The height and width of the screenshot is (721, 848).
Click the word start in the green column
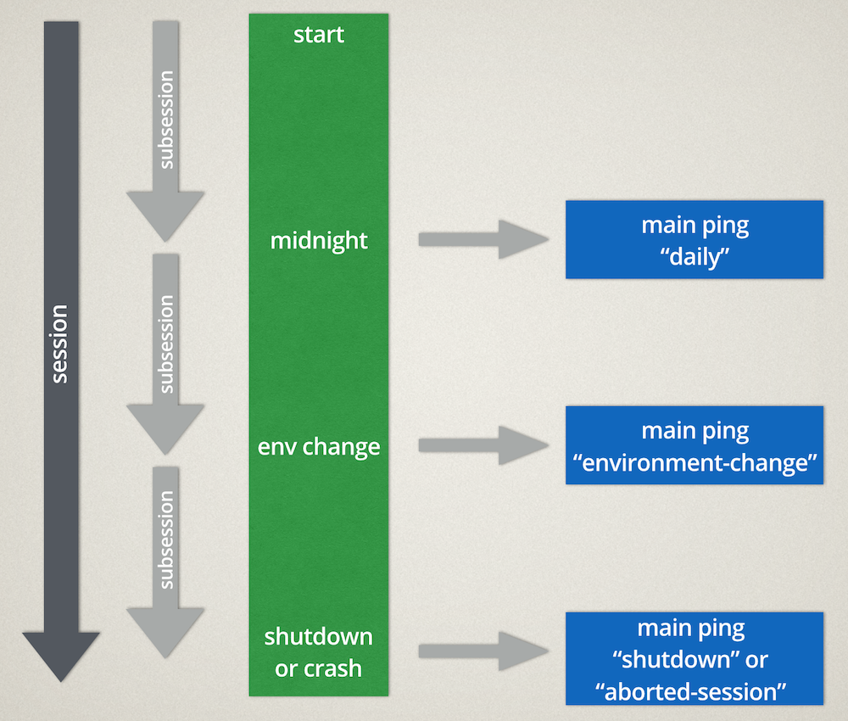click(x=319, y=36)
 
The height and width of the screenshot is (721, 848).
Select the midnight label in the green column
click(x=319, y=241)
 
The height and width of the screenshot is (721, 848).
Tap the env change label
click(x=319, y=446)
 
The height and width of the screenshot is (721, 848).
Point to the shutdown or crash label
click(x=319, y=652)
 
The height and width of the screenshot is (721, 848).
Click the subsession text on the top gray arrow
click(x=166, y=119)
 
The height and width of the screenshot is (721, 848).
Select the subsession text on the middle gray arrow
click(x=166, y=344)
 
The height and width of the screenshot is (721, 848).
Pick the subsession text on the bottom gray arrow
click(x=166, y=539)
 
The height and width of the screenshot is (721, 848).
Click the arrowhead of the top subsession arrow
click(x=165, y=215)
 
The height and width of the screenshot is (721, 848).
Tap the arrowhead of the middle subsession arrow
click(x=165, y=428)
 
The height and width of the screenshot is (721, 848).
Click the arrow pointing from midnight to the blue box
click(x=483, y=239)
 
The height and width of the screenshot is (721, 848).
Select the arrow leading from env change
click(x=483, y=445)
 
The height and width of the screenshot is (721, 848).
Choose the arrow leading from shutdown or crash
click(x=483, y=651)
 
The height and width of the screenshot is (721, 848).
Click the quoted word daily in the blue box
click(x=695, y=257)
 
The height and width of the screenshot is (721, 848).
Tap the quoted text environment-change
click(x=695, y=463)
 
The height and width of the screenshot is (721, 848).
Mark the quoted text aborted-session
click(x=695, y=691)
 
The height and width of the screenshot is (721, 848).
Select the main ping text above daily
click(x=695, y=226)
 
